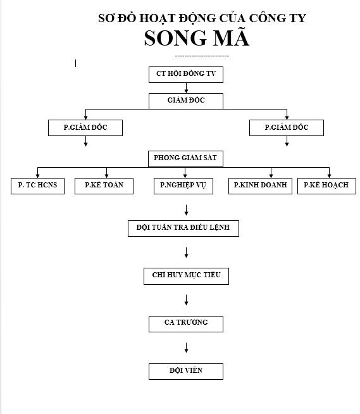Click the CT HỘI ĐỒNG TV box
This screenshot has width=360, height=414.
186,75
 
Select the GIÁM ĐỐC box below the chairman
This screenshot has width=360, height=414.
186,101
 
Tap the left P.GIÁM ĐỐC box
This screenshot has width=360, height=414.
85,128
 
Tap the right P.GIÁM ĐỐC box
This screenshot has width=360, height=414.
287,128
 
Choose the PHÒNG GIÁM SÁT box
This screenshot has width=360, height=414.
185,159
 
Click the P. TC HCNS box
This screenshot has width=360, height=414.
37,186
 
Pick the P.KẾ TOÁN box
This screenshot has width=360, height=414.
104,186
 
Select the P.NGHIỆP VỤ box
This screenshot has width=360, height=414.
183,186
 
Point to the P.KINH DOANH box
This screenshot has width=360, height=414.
260,186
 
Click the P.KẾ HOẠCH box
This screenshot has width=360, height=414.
326,186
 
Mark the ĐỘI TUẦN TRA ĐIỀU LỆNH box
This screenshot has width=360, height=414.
183,229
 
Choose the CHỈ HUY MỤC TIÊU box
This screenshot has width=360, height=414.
187,276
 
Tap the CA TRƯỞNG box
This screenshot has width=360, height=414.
186,324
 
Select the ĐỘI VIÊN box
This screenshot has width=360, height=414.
186,372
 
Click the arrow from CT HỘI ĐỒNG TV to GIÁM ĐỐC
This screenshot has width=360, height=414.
187,88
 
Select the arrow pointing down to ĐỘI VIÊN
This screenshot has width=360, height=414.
187,348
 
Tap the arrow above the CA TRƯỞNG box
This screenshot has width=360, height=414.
187,300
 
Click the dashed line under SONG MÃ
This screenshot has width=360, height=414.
202,56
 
